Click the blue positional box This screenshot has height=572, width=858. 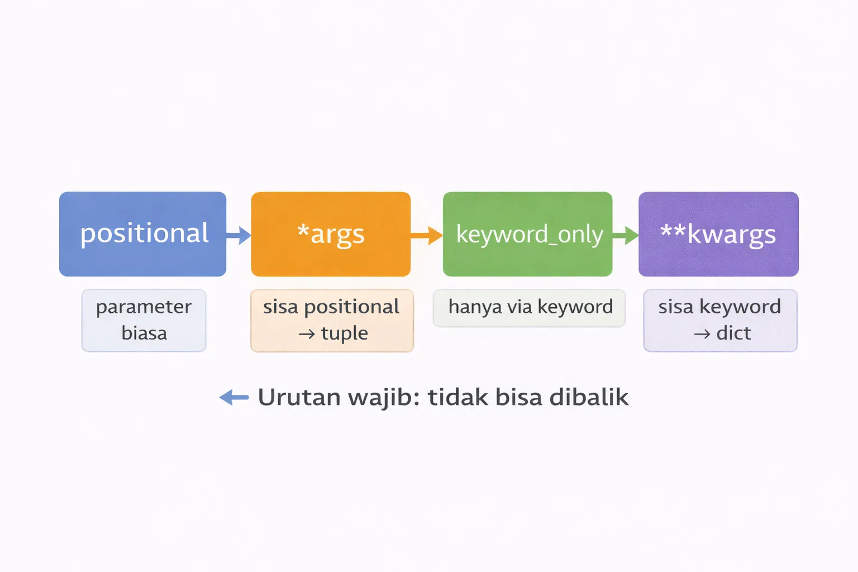pyautogui.click(x=142, y=234)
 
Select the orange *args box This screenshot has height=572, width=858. pyautogui.click(x=331, y=234)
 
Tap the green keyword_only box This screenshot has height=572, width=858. pyautogui.click(x=527, y=234)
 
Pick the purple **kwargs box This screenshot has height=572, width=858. pyautogui.click(x=718, y=234)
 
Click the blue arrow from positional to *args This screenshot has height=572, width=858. pyautogui.click(x=239, y=235)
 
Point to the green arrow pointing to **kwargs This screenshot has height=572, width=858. pyautogui.click(x=626, y=235)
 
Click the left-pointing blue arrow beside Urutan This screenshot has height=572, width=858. pyautogui.click(x=234, y=398)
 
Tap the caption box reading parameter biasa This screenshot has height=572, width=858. pyautogui.click(x=144, y=320)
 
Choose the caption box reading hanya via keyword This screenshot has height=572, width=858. pyautogui.click(x=529, y=308)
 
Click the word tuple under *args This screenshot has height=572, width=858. pyautogui.click(x=344, y=333)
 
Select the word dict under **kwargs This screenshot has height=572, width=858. pyautogui.click(x=733, y=333)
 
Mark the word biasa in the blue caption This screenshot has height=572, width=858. pyautogui.click(x=144, y=333)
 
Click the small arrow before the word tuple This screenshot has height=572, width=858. pyautogui.click(x=307, y=335)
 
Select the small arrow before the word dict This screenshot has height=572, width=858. pyautogui.click(x=702, y=335)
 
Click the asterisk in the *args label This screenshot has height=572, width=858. pyautogui.click(x=303, y=230)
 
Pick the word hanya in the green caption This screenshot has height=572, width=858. pyautogui.click(x=475, y=307)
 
